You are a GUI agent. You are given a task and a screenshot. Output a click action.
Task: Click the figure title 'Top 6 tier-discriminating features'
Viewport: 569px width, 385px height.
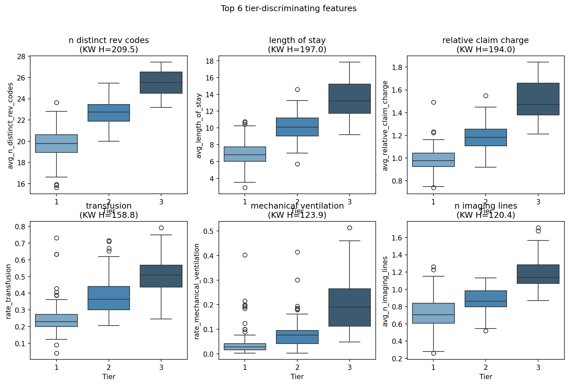click(288, 9)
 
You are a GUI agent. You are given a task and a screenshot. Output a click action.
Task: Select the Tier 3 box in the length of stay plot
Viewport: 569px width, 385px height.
click(349, 99)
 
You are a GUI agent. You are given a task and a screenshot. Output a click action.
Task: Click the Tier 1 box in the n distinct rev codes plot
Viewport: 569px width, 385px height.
click(56, 144)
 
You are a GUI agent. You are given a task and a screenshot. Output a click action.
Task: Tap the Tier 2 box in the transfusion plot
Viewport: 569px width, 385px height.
click(109, 298)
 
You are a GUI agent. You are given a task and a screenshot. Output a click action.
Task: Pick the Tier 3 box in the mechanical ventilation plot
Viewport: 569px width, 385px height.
click(349, 307)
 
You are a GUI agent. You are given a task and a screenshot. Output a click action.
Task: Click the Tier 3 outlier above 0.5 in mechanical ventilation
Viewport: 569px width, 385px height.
click(349, 228)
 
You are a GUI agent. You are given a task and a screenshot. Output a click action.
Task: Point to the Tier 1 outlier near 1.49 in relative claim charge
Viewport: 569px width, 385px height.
click(433, 102)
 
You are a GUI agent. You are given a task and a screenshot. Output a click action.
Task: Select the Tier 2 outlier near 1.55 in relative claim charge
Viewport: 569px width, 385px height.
click(486, 96)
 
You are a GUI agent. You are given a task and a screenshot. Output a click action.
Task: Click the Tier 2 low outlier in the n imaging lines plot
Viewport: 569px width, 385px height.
click(486, 331)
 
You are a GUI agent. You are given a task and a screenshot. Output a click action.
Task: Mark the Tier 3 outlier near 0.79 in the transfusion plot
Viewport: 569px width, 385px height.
click(161, 228)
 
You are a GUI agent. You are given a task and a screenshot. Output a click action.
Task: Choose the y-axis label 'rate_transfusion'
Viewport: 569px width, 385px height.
click(9, 291)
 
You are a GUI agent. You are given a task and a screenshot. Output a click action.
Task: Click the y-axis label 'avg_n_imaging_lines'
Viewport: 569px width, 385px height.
click(386, 291)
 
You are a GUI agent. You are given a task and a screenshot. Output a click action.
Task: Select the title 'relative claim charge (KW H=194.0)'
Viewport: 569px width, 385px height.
click(486, 45)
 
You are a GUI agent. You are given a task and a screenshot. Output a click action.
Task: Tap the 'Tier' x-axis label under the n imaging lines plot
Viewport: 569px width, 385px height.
click(486, 376)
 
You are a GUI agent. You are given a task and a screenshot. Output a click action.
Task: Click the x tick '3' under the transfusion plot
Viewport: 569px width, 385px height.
click(161, 367)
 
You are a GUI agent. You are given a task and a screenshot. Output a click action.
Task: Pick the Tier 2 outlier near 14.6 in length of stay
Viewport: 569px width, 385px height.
click(297, 89)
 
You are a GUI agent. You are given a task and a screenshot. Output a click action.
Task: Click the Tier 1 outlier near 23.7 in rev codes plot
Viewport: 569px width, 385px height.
click(56, 102)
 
